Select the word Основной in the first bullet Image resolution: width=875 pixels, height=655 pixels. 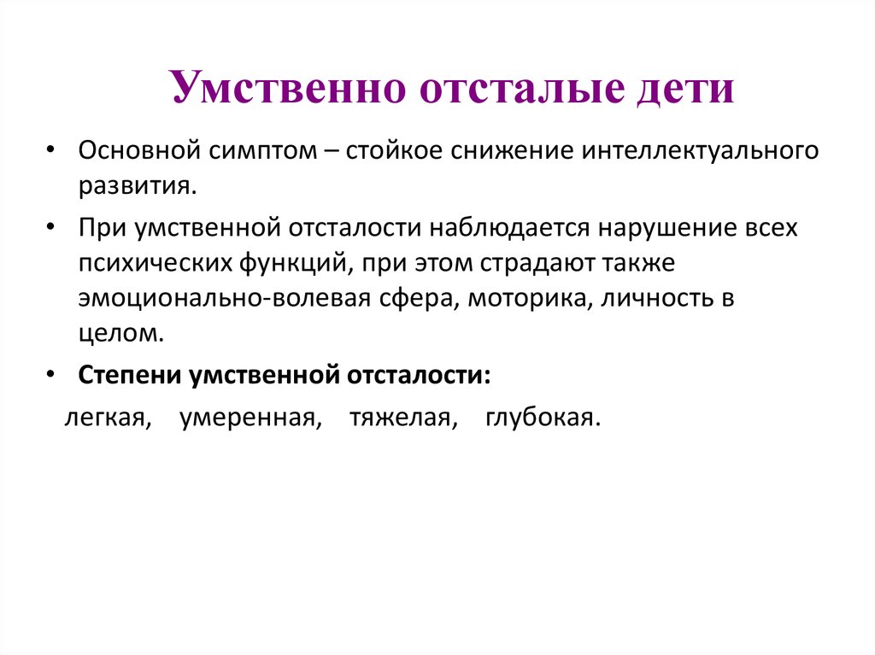click(x=139, y=150)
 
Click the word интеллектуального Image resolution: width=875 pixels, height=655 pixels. click(x=701, y=151)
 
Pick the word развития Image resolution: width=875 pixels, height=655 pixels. click(x=138, y=187)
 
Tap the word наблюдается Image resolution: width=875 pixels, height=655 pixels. click(x=509, y=228)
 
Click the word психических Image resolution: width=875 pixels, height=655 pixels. click(x=155, y=263)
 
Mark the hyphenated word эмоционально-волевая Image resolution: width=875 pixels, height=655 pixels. click(x=225, y=299)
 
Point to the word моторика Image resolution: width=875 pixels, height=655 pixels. click(x=530, y=299)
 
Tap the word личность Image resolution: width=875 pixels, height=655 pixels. click(x=656, y=299)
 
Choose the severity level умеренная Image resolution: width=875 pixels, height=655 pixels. click(x=250, y=418)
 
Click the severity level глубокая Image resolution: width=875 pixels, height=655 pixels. click(x=543, y=418)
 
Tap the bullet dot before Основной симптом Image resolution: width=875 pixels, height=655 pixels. click(x=50, y=150)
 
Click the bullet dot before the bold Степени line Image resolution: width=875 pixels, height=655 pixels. click(x=50, y=375)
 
